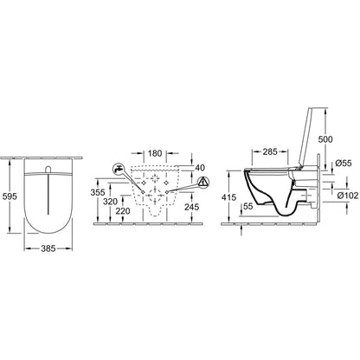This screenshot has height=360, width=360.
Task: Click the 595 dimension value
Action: pos(10,196)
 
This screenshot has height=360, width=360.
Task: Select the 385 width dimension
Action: pos(48,248)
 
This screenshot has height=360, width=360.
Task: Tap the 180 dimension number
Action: pos(155,153)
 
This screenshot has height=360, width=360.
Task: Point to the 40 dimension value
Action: pos(200,167)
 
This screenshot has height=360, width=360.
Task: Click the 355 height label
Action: pos(98,192)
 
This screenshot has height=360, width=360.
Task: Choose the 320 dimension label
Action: pos(110,202)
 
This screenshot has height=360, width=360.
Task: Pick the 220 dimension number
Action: pos(123,211)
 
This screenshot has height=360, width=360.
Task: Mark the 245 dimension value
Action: pos(191,207)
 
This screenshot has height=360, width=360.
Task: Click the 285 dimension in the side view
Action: pos(270,151)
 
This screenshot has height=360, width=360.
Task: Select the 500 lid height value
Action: pos(325,139)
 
